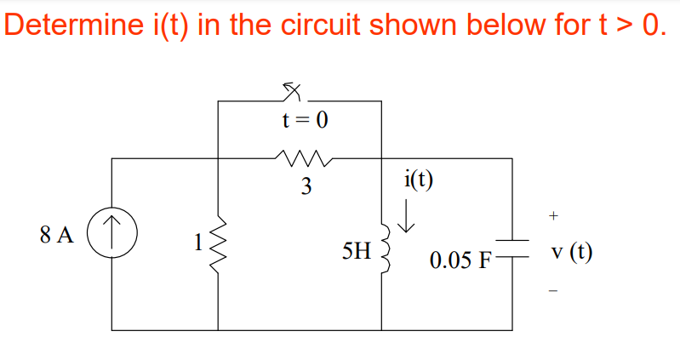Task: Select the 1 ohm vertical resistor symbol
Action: click(x=219, y=243)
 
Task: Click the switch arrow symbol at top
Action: click(x=294, y=89)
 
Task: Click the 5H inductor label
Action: click(x=356, y=252)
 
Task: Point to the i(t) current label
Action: click(x=418, y=179)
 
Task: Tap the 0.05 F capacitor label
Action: click(x=460, y=260)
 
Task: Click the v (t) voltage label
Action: click(x=572, y=252)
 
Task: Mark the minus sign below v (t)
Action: click(x=553, y=291)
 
